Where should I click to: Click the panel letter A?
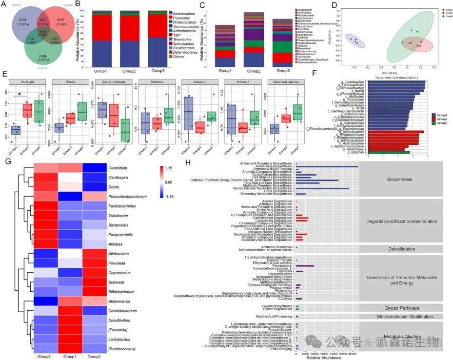4,5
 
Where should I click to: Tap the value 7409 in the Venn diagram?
42,57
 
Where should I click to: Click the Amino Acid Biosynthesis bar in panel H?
327,166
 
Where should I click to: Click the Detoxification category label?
401,249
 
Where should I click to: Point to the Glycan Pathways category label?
401,308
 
